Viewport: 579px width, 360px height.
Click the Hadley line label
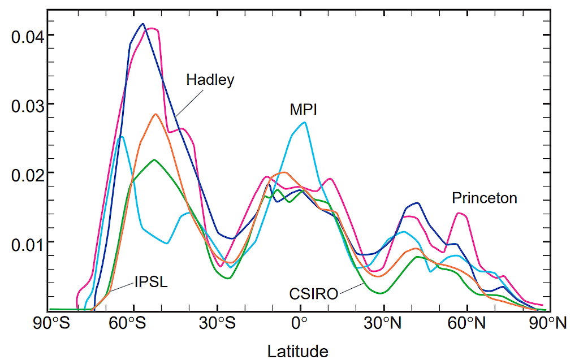pyautogui.click(x=210, y=80)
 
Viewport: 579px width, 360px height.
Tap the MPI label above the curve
pyautogui.click(x=303, y=110)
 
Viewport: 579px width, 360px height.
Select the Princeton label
pyautogui.click(x=485, y=198)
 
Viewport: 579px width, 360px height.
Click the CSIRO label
pyautogui.click(x=314, y=294)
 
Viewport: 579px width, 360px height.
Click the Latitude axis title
pyautogui.click(x=297, y=350)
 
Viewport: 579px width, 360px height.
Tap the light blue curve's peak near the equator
pyautogui.click(x=305, y=122)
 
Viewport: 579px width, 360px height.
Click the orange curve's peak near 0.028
pyautogui.click(x=155, y=114)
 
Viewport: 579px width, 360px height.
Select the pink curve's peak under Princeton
pyautogui.click(x=460, y=213)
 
